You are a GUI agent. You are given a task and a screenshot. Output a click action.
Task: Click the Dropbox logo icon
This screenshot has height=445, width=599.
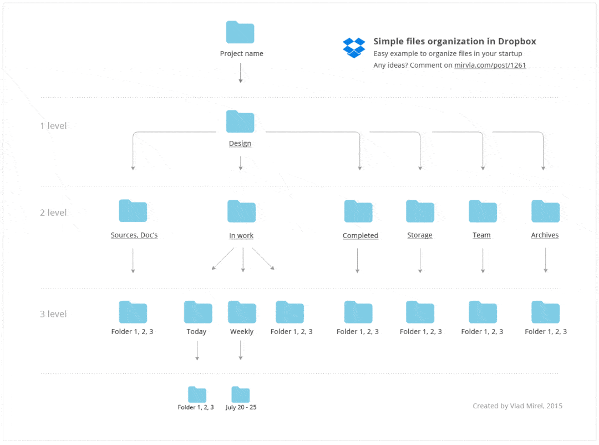pyautogui.click(x=354, y=48)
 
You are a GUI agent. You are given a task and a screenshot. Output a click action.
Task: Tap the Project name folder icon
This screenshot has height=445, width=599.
pyautogui.click(x=240, y=32)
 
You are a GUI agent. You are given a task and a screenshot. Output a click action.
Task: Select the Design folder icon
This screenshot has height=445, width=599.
pyautogui.click(x=240, y=122)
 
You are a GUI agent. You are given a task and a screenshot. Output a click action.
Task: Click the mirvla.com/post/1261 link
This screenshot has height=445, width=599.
pyautogui.click(x=490, y=65)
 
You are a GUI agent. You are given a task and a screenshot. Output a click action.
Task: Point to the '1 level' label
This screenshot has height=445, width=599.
pyautogui.click(x=53, y=126)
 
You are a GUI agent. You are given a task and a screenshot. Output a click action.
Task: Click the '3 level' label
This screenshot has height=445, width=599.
pyautogui.click(x=53, y=314)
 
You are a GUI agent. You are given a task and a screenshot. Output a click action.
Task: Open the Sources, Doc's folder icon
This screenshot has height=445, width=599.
pyautogui.click(x=133, y=211)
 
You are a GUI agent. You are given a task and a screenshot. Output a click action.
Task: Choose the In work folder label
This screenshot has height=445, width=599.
pyautogui.click(x=241, y=235)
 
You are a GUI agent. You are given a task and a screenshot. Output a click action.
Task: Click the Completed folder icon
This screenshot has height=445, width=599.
pyautogui.click(x=358, y=211)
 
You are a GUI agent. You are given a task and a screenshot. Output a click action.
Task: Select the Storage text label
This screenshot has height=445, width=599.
pyautogui.click(x=419, y=235)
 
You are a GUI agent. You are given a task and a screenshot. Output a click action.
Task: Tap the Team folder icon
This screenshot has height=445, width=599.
pyautogui.click(x=483, y=211)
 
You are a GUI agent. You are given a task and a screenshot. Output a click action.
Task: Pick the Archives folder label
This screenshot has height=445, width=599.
pyautogui.click(x=545, y=235)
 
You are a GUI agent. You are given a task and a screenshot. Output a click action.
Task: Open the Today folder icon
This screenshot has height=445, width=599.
pyautogui.click(x=198, y=312)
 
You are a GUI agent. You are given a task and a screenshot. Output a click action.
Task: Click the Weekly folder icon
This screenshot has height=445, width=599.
pyautogui.click(x=242, y=312)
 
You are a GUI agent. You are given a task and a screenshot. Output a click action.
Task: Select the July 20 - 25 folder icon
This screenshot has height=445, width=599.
pyautogui.click(x=241, y=395)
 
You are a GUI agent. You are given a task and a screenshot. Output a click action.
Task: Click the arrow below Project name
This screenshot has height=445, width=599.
pyautogui.click(x=241, y=73)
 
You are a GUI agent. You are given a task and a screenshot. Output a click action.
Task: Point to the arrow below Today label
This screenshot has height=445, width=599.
pyautogui.click(x=197, y=351)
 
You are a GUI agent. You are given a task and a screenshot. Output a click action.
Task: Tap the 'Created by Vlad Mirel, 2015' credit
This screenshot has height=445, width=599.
pyautogui.click(x=517, y=406)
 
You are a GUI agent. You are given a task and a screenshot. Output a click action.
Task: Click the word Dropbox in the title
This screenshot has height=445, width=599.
pyautogui.click(x=517, y=41)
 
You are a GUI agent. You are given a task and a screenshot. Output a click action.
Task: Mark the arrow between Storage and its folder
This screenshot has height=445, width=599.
pyautogui.click(x=420, y=261)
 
